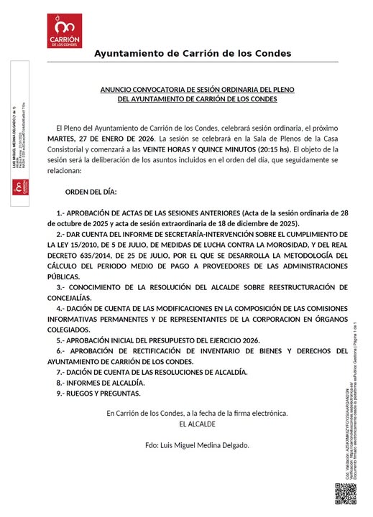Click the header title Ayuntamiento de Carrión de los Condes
pos(193,54)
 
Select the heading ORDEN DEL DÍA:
pos(91,193)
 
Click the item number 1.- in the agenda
pos(60,214)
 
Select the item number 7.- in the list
pos(60,372)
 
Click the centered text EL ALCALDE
pos(196,424)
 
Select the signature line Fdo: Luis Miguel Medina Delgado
pos(196,446)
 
